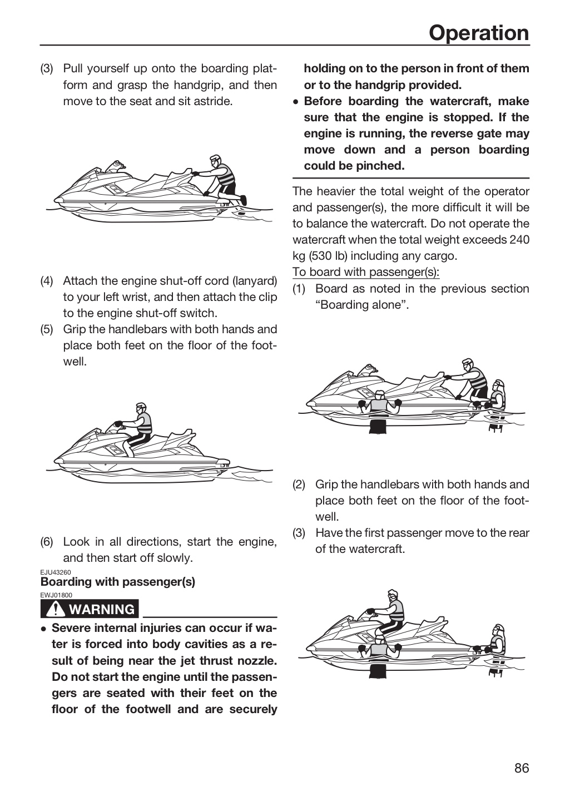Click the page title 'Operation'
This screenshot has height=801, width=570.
coord(479,33)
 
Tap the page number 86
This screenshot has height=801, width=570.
coord(522,768)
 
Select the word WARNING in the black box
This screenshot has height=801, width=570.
coord(102,609)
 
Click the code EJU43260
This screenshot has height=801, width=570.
coord(56,572)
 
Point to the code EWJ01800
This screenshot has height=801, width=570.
coord(56,595)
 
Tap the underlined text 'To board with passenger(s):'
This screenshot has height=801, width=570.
coord(366,272)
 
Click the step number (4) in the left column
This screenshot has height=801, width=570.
coord(47,281)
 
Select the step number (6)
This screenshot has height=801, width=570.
coord(47,542)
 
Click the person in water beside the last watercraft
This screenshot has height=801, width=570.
coord(379,649)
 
